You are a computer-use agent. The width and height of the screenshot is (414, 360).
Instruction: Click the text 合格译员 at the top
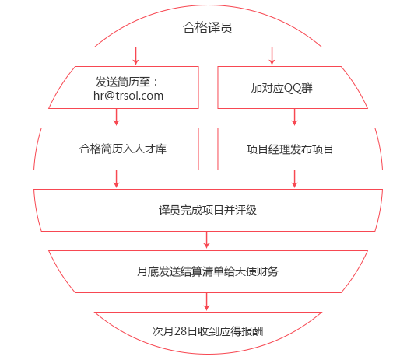click(x=208, y=28)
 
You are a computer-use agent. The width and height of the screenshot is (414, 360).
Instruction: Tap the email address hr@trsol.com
click(x=128, y=96)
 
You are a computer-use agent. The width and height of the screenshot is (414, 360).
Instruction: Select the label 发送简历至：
click(x=127, y=82)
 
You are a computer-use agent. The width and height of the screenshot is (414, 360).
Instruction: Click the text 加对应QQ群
click(x=282, y=88)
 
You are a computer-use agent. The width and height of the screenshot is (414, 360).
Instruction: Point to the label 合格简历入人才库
click(x=123, y=149)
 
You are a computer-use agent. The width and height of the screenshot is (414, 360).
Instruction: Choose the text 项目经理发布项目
click(x=289, y=149)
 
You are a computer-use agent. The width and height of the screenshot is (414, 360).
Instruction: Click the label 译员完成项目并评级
click(x=208, y=210)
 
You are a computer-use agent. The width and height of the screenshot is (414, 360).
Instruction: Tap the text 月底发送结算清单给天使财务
click(x=208, y=271)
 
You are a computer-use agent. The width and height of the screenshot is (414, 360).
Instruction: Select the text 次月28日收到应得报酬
click(x=208, y=331)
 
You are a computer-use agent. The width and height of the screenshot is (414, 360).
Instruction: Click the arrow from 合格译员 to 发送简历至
click(x=135, y=56)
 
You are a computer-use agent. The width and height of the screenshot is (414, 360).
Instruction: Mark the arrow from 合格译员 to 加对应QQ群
click(x=272, y=56)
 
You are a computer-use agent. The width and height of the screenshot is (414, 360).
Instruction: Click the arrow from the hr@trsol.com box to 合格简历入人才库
click(x=116, y=117)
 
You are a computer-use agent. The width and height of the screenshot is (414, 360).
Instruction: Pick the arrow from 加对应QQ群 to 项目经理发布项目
click(x=294, y=117)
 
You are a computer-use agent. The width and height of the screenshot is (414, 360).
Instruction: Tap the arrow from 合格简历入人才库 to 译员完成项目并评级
click(x=116, y=179)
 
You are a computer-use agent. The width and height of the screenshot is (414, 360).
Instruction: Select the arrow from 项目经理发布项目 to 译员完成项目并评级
click(x=294, y=179)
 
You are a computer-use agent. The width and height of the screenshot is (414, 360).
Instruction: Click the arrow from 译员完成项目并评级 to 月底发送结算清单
click(x=207, y=240)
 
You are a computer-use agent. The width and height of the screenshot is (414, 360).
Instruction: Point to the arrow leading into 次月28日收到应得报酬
click(x=207, y=302)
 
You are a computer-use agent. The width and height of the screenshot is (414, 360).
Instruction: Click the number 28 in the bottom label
click(x=181, y=331)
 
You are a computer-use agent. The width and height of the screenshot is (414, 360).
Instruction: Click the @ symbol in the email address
click(x=109, y=96)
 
